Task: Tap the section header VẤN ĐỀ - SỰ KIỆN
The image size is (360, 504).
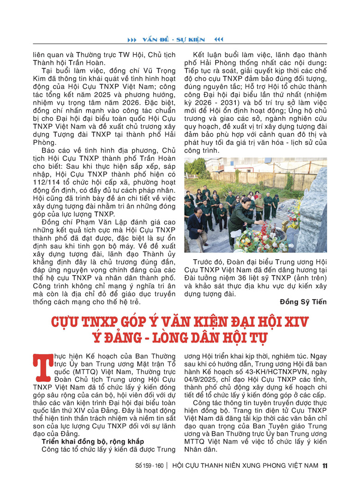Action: point(174,39)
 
